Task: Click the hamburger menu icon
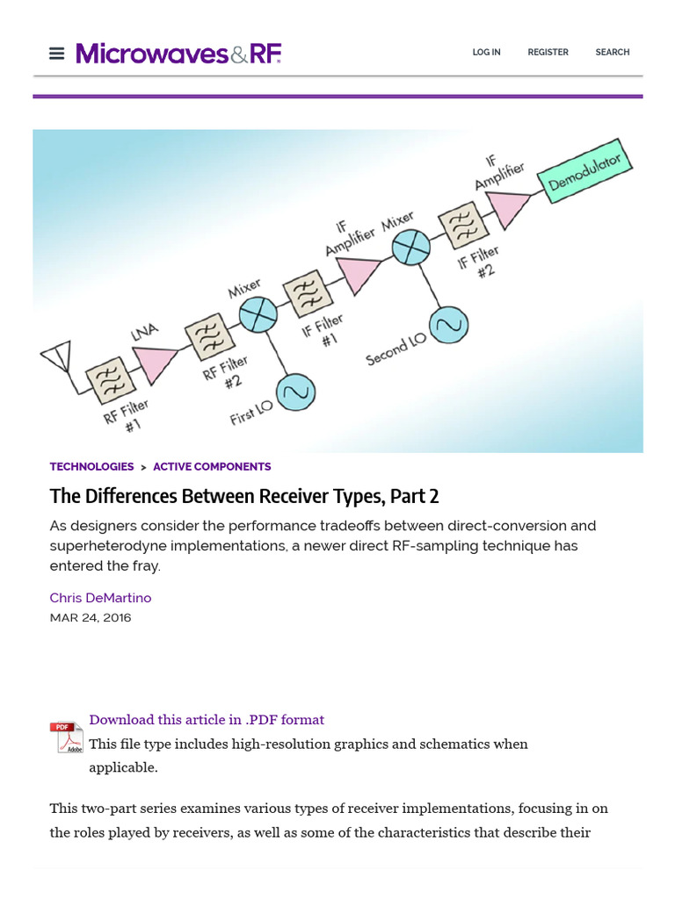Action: click(x=57, y=54)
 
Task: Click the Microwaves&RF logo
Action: click(x=178, y=54)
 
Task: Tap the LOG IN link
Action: click(x=486, y=53)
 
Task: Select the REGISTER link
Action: click(x=548, y=53)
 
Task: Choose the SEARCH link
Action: click(x=612, y=53)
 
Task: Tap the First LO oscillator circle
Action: click(x=296, y=392)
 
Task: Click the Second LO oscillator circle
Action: click(x=448, y=325)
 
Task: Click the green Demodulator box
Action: click(x=584, y=171)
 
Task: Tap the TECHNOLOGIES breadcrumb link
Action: click(x=91, y=467)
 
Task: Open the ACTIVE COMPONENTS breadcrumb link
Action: click(x=212, y=467)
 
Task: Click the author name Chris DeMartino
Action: click(x=100, y=598)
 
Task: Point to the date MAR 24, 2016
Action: click(x=91, y=617)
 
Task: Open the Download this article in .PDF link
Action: click(x=207, y=720)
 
